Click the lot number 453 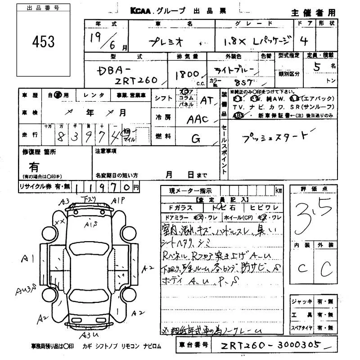44,42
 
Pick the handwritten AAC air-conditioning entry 198,119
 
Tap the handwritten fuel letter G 196,139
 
